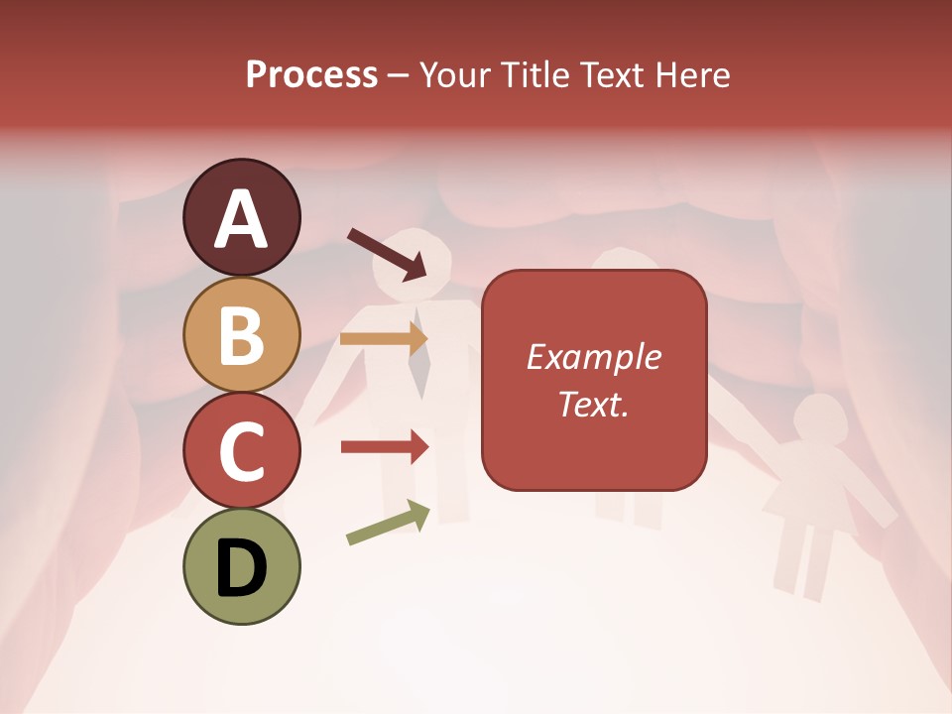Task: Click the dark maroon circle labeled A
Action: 241,218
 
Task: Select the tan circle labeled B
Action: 241,334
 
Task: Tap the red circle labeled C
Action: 241,450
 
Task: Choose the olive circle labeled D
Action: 241,566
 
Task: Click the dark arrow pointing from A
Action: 387,253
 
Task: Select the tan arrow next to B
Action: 384,339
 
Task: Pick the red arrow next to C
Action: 384,447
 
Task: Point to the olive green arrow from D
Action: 388,523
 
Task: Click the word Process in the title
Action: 311,74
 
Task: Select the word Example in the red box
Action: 594,357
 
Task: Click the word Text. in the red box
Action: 594,405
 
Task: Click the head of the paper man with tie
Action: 423,258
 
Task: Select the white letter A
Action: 241,218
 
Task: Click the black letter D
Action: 241,567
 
